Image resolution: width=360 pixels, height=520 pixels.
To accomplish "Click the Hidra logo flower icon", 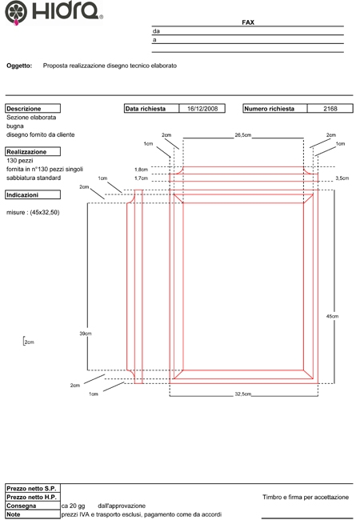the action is [x=16, y=13].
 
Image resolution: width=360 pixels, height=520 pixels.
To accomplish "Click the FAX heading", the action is [x=248, y=22].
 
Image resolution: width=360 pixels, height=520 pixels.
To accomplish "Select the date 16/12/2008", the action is [x=202, y=109].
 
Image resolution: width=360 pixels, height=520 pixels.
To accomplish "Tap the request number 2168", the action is [x=330, y=109].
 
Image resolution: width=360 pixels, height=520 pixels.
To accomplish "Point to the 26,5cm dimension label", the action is [x=243, y=135].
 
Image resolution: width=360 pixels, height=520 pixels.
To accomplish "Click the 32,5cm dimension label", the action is [x=243, y=394].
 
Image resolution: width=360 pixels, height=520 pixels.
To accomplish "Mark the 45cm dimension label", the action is [x=333, y=316].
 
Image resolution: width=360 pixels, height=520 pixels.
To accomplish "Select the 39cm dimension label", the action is [x=86, y=334].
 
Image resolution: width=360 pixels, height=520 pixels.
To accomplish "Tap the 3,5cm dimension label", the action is [x=342, y=178].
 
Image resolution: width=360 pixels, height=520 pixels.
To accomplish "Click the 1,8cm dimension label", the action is [x=142, y=170].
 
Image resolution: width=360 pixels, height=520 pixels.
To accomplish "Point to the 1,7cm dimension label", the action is [x=142, y=178].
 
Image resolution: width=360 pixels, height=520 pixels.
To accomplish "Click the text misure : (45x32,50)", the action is [x=33, y=212].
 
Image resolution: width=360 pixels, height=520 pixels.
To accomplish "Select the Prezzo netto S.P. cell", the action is [x=33, y=488].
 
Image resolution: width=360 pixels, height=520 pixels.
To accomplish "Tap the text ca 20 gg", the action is [x=74, y=506].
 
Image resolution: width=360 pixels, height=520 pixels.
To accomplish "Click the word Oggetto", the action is [x=19, y=66].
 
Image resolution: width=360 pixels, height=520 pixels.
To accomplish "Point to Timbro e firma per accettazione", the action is [x=306, y=497].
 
